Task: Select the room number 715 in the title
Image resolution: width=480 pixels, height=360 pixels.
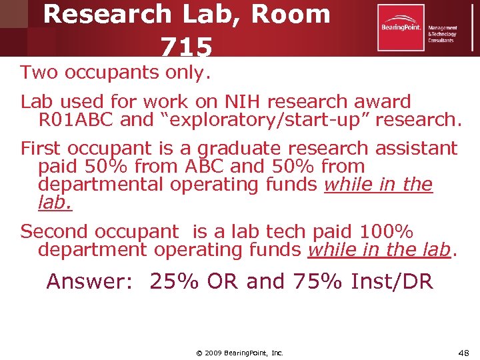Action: [x=186, y=47]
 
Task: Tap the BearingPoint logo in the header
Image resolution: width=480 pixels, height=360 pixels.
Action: [x=401, y=27]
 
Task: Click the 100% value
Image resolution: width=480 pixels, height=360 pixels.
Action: [x=387, y=231]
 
